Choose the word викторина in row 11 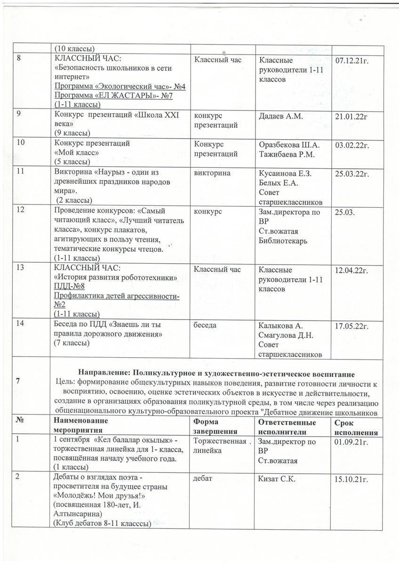point(212,173)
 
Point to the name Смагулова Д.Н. point(286,335)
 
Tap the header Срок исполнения point(356,427)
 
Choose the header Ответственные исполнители point(287,427)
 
